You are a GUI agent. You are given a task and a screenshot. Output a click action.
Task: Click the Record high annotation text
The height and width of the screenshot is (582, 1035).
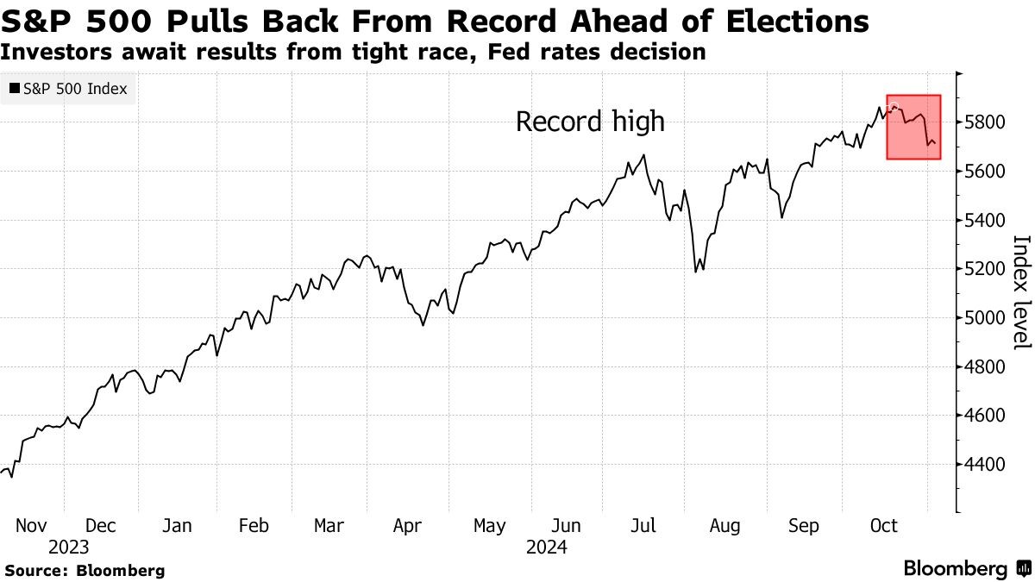coord(590,122)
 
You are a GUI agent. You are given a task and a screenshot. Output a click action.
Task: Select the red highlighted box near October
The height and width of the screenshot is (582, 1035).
coord(913,127)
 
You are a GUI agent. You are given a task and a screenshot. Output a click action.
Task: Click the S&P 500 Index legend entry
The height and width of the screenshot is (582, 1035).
coord(67,88)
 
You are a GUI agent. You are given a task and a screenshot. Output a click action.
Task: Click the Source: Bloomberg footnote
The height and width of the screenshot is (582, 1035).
coord(85,570)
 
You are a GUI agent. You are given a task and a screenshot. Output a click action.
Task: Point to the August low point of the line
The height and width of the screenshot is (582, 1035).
coord(695,272)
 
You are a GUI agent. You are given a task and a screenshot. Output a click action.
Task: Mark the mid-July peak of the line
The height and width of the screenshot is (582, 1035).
coord(643,156)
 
